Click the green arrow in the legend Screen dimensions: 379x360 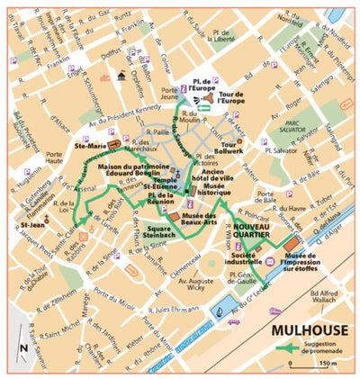(x=285, y=348)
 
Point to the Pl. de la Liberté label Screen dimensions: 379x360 (x=219, y=35)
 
